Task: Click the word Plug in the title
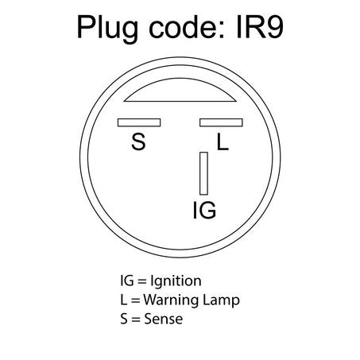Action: pos(107,29)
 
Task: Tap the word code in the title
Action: pos(184,26)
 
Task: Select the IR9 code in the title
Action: pos(260,27)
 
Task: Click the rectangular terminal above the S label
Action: pos(139,122)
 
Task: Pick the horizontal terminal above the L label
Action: pos(221,122)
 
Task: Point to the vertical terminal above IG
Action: pos(203,173)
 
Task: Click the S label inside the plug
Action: pos(138,141)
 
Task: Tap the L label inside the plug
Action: pos(223,141)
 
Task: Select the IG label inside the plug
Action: pos(204,211)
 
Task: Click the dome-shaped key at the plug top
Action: pos(180,90)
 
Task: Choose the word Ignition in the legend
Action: pos(176,281)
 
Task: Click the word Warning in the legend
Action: pos(171,300)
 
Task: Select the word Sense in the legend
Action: pos(164,319)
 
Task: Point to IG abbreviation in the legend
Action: pos(127,281)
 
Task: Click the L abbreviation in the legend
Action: pos(124,300)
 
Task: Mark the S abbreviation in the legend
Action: pos(124,319)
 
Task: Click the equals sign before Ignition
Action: pos(142,281)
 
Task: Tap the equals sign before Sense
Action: pos(136,319)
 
